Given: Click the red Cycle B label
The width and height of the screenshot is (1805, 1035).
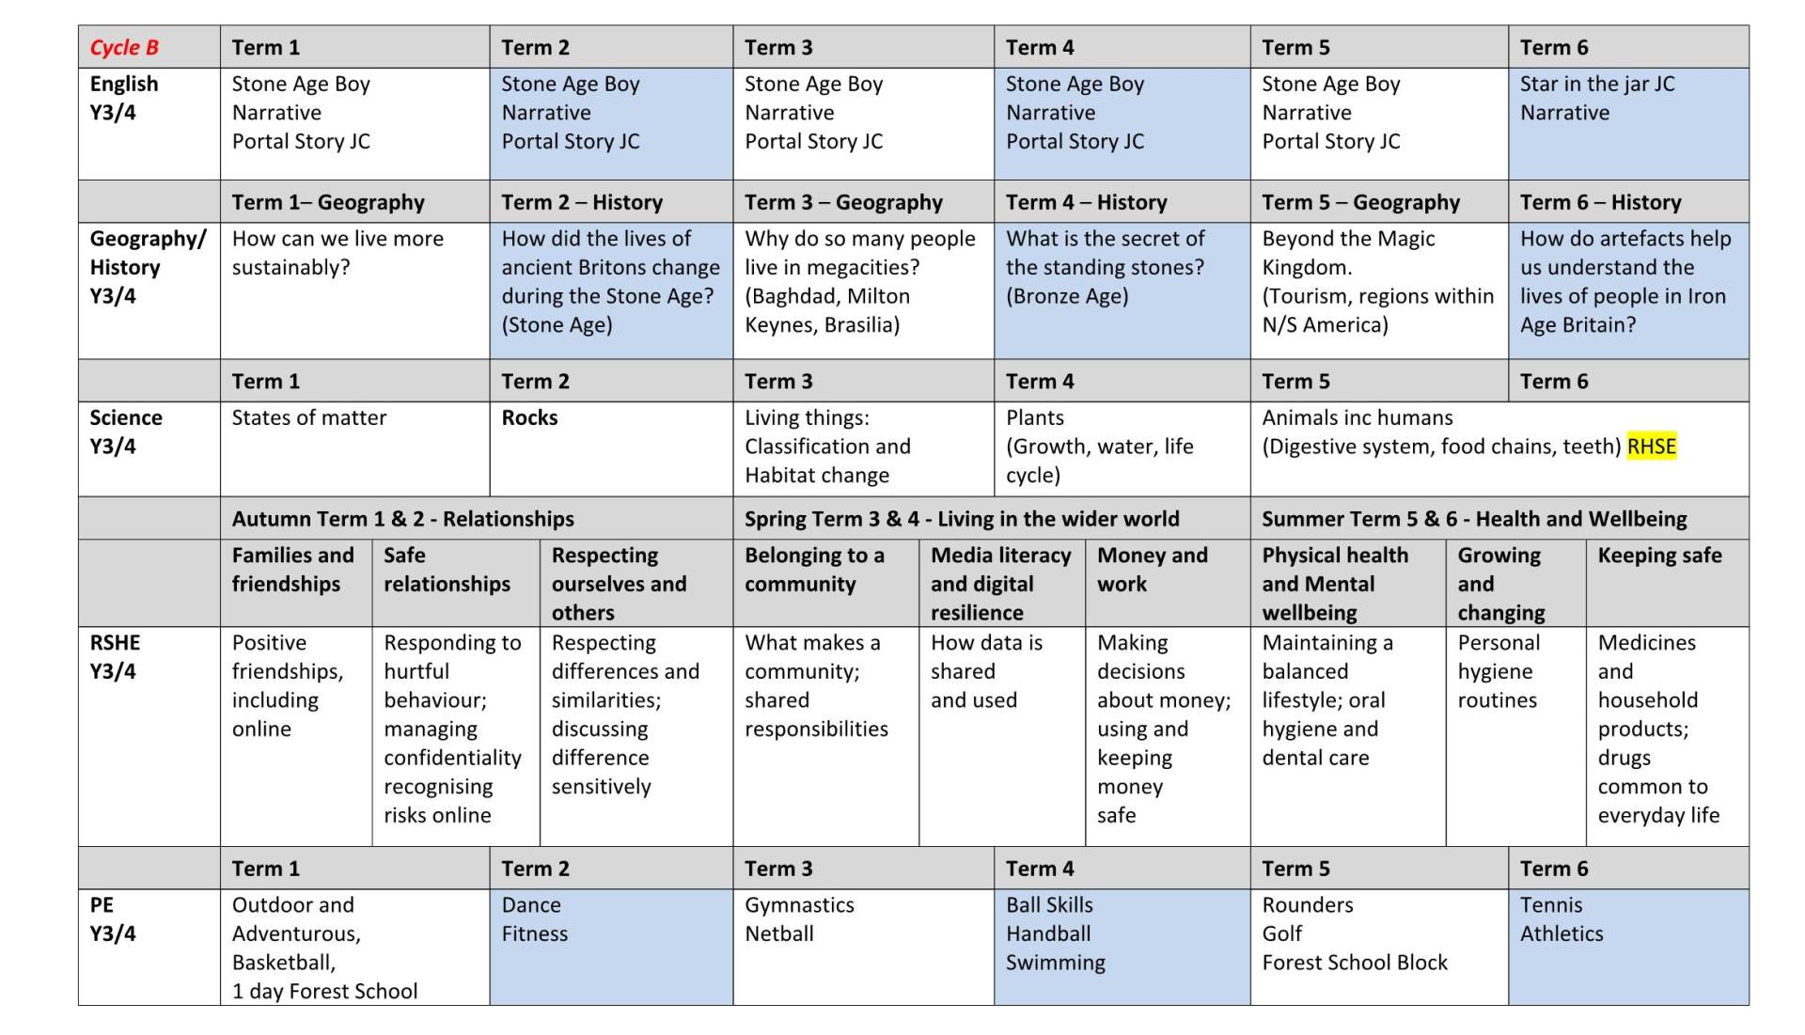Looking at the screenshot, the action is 124,48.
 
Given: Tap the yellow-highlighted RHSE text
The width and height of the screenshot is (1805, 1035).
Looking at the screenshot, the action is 1651,447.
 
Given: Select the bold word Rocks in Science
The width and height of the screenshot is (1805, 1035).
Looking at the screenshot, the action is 529,418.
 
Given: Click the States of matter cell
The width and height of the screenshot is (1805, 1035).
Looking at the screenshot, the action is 308,418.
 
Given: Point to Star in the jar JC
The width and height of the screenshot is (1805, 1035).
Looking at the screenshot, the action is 1596,85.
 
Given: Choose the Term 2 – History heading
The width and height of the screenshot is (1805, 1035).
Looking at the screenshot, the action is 581,203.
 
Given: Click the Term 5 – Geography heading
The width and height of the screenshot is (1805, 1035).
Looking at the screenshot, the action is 1359,203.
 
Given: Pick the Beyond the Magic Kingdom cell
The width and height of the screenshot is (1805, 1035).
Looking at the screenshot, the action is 1347,253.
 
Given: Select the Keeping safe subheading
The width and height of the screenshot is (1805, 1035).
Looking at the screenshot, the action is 1659,556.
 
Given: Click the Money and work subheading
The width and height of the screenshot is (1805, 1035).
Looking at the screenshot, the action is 1152,570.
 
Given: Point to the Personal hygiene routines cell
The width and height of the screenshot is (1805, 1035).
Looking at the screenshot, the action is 1498,671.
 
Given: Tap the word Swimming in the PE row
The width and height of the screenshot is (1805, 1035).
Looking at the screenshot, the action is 1055,963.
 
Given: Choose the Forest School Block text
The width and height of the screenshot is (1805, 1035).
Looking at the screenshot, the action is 1354,963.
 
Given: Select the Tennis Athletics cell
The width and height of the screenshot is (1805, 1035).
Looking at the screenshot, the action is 1561,919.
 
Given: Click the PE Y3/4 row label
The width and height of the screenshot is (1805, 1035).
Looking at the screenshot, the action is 112,919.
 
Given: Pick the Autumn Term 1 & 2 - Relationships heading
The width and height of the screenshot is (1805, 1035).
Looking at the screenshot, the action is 402,519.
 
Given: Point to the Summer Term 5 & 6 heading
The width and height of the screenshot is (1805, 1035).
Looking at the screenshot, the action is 1473,519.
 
